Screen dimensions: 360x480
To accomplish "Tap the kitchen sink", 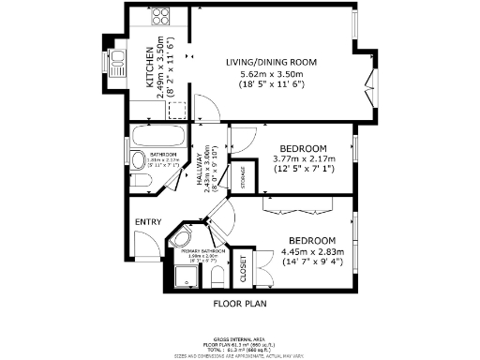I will point(119,64).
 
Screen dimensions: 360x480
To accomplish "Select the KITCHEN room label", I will point(150,72).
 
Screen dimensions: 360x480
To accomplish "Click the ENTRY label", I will point(148,221).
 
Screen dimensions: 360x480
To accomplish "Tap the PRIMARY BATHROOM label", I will point(199,251).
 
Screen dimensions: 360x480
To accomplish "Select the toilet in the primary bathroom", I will point(216,276).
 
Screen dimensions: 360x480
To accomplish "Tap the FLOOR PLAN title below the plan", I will point(241,303).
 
